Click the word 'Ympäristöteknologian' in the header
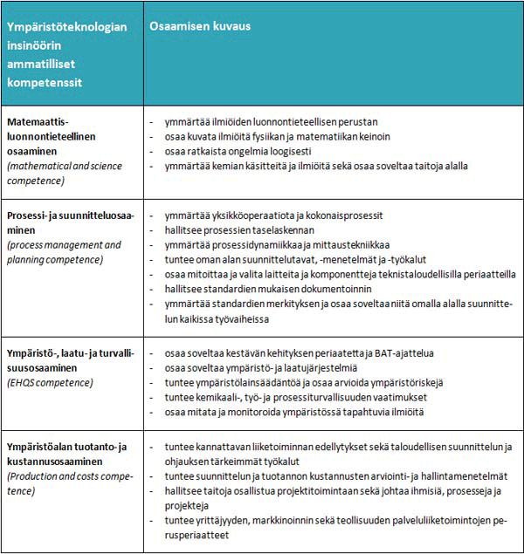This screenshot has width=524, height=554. coord(67,26)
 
